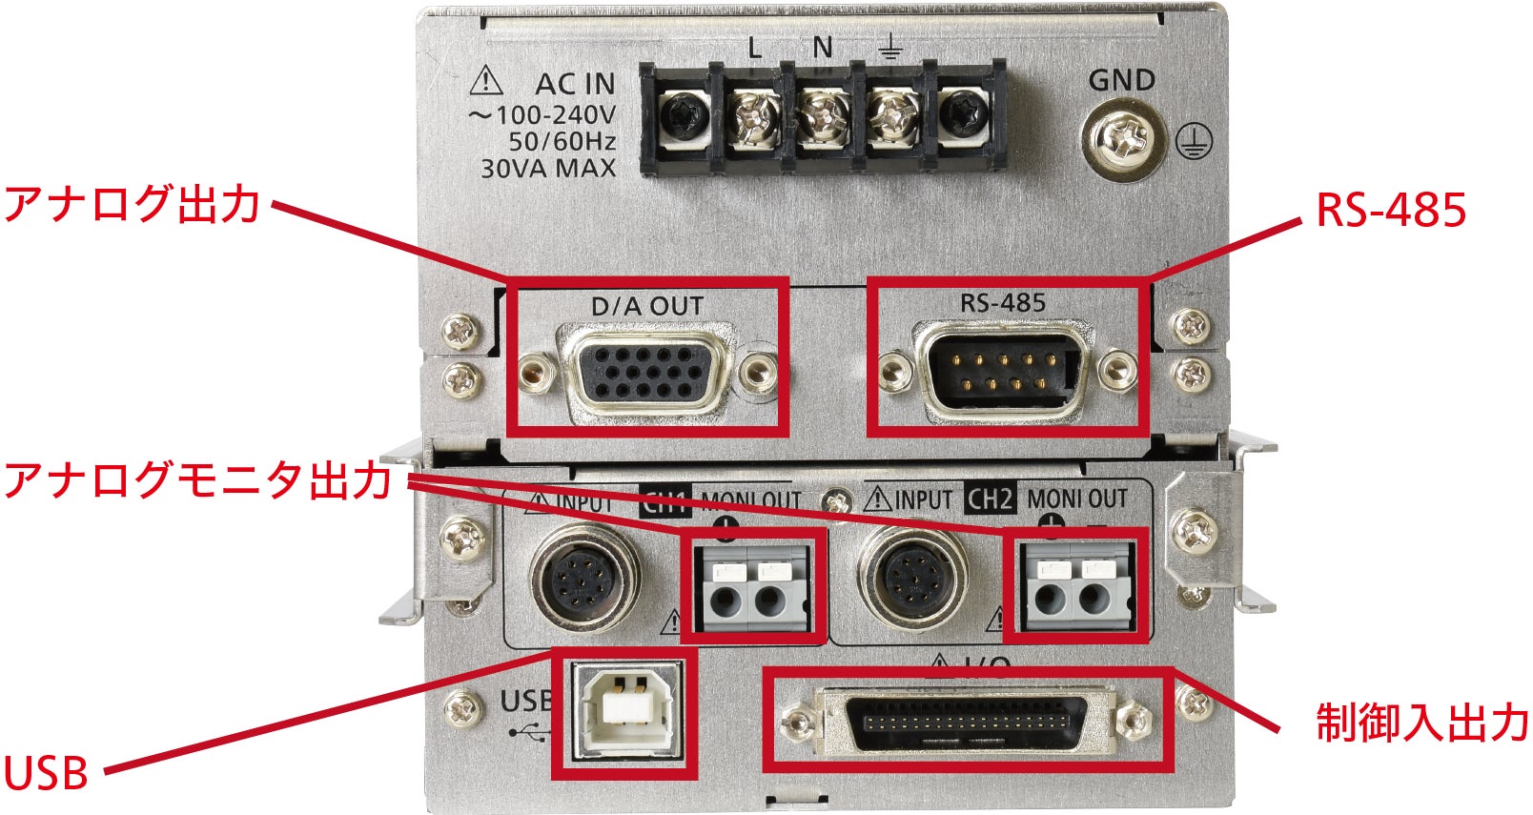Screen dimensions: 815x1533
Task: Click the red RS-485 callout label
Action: pos(1390,211)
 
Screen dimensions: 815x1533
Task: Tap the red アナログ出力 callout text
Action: pos(132,205)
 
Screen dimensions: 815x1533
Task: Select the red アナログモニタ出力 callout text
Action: pos(198,479)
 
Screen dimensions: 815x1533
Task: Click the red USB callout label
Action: pos(46,773)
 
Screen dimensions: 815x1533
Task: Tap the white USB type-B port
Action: pos(627,709)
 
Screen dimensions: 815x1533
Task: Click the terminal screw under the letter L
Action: pos(754,118)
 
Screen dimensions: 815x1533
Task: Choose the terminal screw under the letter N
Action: pos(823,118)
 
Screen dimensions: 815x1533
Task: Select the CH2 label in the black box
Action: pos(991,499)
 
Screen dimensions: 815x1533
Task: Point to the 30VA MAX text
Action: pos(548,170)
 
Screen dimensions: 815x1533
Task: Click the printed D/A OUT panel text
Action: pos(647,307)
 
